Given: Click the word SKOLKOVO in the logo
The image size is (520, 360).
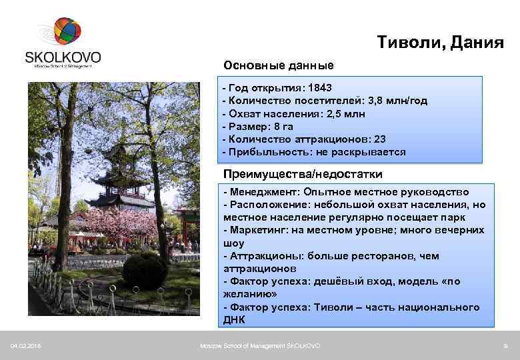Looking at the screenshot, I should click(x=63, y=56).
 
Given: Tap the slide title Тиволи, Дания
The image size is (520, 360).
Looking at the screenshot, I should click(x=440, y=43).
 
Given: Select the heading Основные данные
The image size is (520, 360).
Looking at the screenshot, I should click(x=279, y=66).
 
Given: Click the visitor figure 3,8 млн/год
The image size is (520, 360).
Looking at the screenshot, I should click(x=397, y=101).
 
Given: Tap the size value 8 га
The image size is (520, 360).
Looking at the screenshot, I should click(x=279, y=126).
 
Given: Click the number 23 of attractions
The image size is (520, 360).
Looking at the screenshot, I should click(x=379, y=139).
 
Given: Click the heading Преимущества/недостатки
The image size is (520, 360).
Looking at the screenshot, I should click(x=303, y=175).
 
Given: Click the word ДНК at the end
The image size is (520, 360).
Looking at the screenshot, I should click(x=235, y=320).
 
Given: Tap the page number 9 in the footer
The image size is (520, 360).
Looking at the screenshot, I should click(x=506, y=345).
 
